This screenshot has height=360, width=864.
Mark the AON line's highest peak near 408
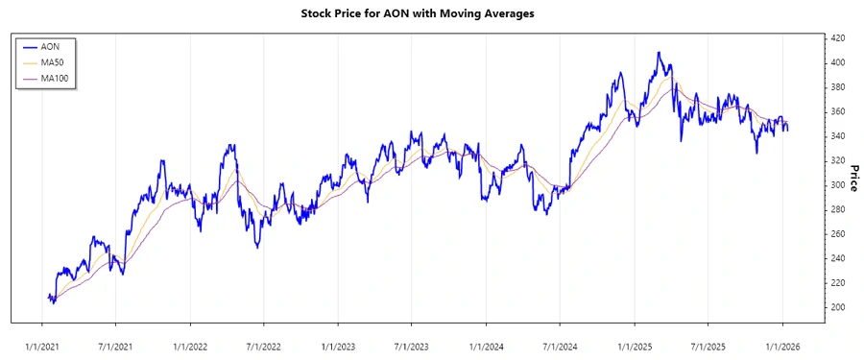tap(659, 52)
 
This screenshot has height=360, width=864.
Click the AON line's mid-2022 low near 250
tap(257, 247)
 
